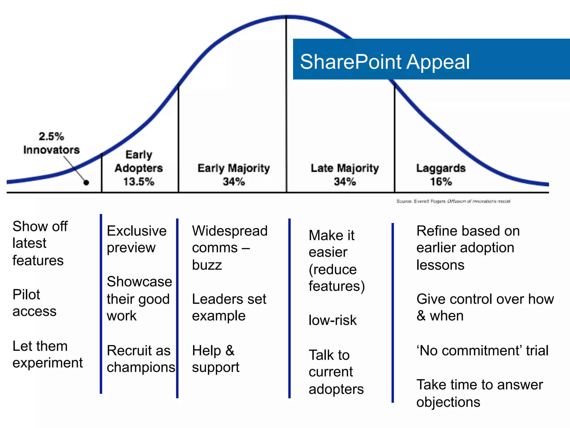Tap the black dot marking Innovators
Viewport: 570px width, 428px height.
pos(86,183)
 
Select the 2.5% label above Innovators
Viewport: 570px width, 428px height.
pos(51,137)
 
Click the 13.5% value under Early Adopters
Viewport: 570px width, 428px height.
pos(139,182)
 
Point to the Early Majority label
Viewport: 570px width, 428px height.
pos(234,168)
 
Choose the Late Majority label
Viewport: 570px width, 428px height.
pos(345,168)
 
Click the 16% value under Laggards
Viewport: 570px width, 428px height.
pos(441,182)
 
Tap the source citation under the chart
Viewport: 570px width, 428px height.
pos(453,201)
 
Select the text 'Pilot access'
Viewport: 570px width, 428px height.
pos(34,303)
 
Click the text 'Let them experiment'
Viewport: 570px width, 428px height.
pos(47,354)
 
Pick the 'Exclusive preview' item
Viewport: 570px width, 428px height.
pos(136,239)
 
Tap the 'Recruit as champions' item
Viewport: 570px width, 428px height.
pos(141,359)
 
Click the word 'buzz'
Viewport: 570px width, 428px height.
pos(207,265)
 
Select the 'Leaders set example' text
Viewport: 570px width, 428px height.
pos(229,307)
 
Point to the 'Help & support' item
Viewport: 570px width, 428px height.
pos(215,359)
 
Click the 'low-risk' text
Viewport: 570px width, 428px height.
pos(333,320)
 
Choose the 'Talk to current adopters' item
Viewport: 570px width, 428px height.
pos(336,372)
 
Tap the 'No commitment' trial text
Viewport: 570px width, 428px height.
pos(482,350)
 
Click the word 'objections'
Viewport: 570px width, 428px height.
pos(448,402)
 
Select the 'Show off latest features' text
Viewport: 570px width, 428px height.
pos(40,243)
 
